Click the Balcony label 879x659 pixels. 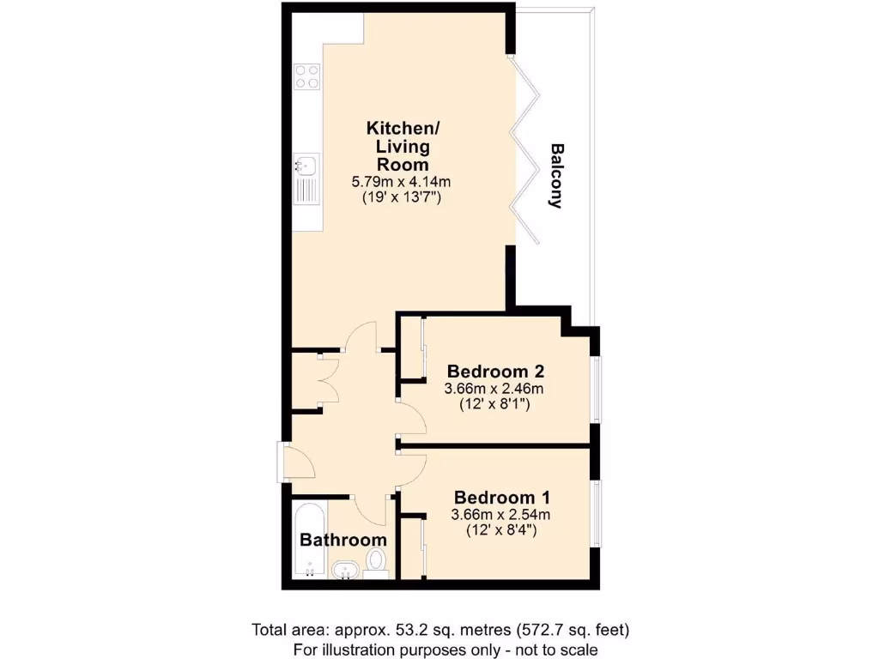556,176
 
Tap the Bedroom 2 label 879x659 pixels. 496,372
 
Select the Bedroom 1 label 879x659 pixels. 502,498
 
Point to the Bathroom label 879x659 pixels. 343,541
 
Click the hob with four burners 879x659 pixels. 307,77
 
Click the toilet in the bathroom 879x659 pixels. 376,563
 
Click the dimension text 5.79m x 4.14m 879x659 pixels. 402,182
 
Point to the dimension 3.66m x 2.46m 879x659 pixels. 494,389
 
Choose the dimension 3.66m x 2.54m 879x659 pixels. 500,515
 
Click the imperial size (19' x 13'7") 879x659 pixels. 402,198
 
